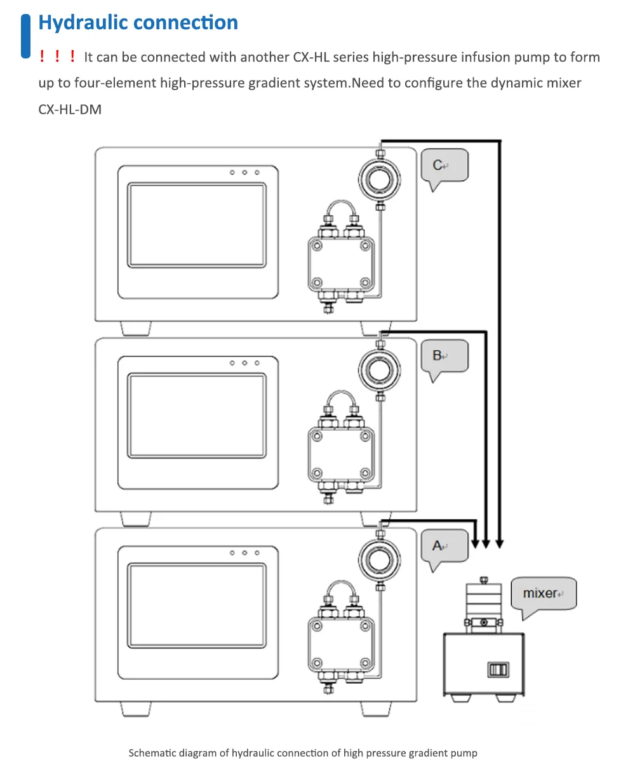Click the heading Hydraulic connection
(138, 23)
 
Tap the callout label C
(444, 166)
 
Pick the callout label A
(444, 546)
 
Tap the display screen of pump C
(196, 225)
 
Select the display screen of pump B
(196, 415)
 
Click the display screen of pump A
(196, 604)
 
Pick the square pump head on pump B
(339, 454)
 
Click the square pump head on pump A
(339, 644)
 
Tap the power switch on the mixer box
(498, 669)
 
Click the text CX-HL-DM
(70, 109)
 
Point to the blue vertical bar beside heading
(26, 36)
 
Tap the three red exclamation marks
(57, 57)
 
